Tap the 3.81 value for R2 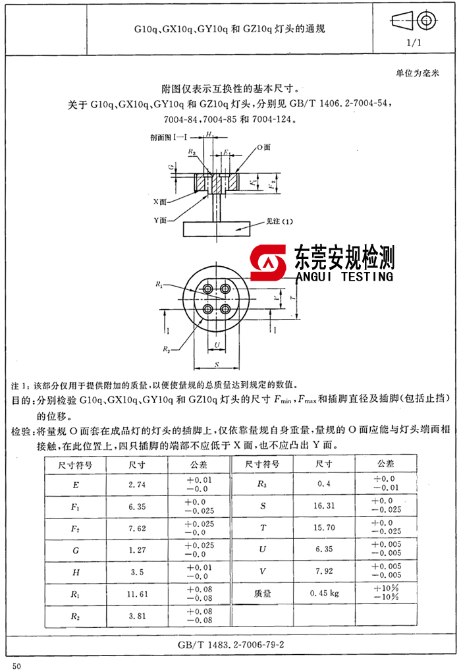coord(137,617)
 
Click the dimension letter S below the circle coord(216,363)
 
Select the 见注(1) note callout coord(279,221)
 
